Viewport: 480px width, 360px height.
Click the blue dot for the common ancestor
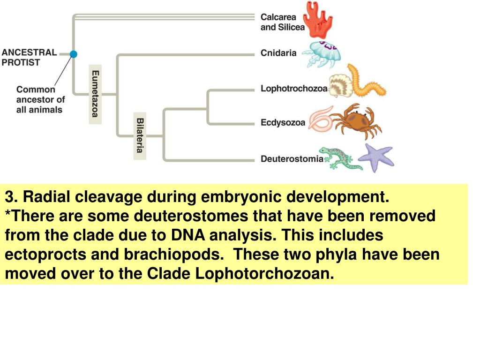pos(73,54)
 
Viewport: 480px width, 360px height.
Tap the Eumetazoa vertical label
pos(95,94)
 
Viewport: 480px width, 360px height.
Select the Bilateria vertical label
pos(140,135)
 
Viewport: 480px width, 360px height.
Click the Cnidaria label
pos(278,53)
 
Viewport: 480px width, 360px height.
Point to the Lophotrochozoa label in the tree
pos(294,89)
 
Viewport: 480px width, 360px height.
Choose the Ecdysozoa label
pos(283,123)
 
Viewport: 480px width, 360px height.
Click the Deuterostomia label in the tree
pos(292,159)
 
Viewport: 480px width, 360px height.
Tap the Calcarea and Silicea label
pos(283,22)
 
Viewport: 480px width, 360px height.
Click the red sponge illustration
pos(318,20)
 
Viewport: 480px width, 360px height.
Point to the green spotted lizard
pos(340,158)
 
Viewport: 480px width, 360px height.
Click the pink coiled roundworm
pos(321,119)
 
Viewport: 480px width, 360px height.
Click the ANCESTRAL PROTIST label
pos(29,57)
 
